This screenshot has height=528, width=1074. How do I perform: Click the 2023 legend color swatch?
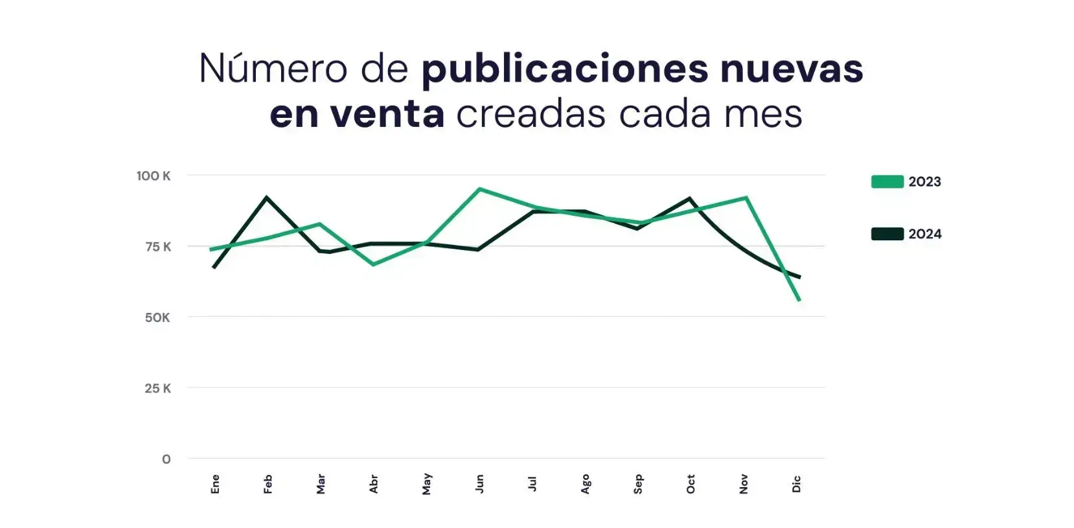[x=887, y=181]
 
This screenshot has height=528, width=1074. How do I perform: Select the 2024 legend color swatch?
[x=887, y=234]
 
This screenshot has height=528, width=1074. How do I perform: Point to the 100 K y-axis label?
[x=154, y=176]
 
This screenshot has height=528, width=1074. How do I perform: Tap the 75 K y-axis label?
[x=158, y=246]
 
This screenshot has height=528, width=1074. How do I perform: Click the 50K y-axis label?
[x=157, y=317]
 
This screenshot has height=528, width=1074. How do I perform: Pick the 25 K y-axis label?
[x=157, y=388]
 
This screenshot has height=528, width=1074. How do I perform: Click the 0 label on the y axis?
[x=166, y=459]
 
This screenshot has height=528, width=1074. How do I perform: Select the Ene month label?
[x=216, y=484]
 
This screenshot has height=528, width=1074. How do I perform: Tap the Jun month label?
[x=479, y=483]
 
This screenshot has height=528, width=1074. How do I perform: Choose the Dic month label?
[x=797, y=484]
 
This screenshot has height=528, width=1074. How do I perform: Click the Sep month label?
[x=638, y=484]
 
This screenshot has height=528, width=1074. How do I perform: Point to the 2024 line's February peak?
[x=267, y=197]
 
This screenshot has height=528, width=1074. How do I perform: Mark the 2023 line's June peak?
[x=479, y=189]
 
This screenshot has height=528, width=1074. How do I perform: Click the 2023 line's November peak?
[x=746, y=198]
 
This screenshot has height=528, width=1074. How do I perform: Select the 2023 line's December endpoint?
[x=799, y=300]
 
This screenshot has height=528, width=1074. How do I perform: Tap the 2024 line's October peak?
[x=691, y=198]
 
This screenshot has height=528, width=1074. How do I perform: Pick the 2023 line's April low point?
[x=373, y=264]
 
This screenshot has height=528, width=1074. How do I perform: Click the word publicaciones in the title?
[x=564, y=69]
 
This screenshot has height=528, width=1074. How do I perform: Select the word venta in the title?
[x=387, y=114]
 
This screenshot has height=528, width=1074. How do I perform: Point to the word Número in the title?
[x=273, y=68]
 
